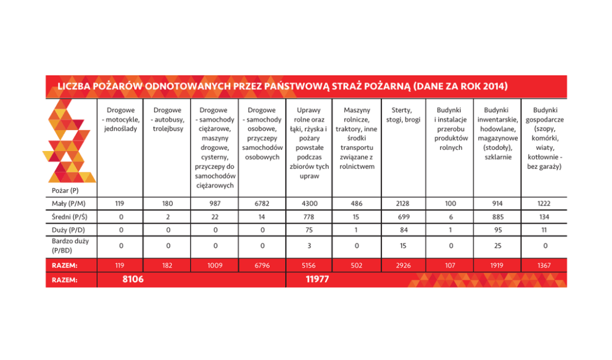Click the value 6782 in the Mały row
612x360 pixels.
pos(262,203)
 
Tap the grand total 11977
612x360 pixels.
pos(317,280)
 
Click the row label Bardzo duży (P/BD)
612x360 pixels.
pos(70,245)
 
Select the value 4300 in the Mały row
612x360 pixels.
pos(308,203)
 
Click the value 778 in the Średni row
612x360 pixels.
pos(308,216)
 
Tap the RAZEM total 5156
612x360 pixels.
pos(308,265)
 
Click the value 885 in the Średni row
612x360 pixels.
pos(497,216)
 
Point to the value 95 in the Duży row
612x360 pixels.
pos(497,230)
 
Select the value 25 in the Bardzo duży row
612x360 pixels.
pos(497,245)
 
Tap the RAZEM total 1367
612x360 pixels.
pos(544,265)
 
